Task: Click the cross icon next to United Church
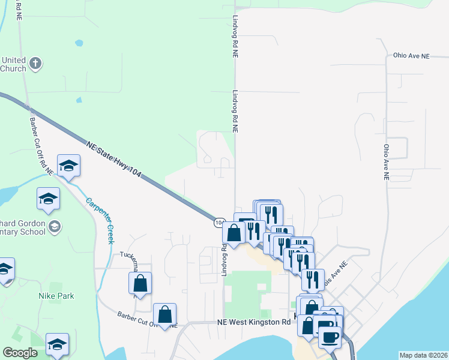pyautogui.click(x=35, y=63)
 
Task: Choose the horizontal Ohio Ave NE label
pyautogui.click(x=412, y=56)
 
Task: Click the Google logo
pyautogui.click(x=20, y=353)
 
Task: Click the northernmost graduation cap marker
pyautogui.click(x=69, y=166)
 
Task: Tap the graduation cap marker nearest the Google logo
pyautogui.click(x=57, y=344)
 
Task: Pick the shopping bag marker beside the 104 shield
pyautogui.click(x=234, y=233)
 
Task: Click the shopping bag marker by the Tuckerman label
pyautogui.click(x=140, y=284)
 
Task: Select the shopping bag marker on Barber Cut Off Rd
pyautogui.click(x=164, y=314)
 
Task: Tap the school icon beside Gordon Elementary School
pyautogui.click(x=55, y=226)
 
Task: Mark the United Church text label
pyautogui.click(x=13, y=64)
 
